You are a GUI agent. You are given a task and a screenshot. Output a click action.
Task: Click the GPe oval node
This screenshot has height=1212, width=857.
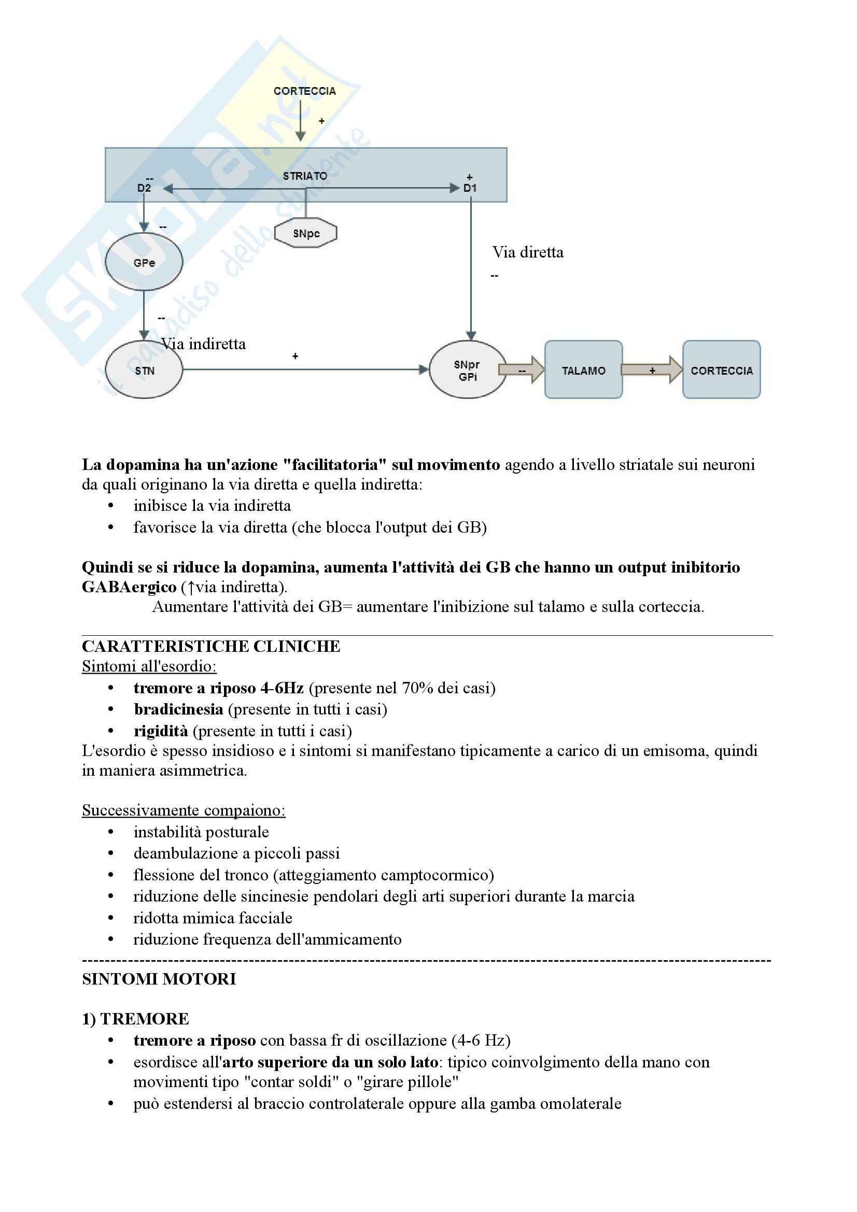[144, 262]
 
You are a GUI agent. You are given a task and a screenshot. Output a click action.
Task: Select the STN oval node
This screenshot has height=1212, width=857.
[144, 370]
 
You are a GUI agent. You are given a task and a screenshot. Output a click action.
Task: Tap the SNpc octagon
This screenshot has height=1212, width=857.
[306, 233]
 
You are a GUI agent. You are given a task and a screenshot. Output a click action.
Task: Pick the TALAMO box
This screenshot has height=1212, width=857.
[583, 370]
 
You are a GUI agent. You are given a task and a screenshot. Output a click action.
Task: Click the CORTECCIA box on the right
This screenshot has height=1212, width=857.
[721, 370]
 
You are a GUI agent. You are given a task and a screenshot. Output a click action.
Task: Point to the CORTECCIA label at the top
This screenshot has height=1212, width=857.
[305, 91]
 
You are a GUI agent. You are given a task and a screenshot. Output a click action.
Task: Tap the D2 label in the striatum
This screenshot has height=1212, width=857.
[144, 188]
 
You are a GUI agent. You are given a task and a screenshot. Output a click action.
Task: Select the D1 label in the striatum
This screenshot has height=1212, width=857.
[470, 188]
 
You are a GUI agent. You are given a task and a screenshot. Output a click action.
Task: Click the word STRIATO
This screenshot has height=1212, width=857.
[305, 176]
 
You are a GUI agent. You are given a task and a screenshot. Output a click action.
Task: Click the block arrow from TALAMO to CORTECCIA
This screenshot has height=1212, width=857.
[652, 370]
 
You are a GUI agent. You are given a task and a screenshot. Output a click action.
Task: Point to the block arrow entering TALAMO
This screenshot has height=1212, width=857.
[522, 370]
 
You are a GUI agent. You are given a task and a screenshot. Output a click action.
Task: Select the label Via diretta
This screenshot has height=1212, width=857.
[527, 252]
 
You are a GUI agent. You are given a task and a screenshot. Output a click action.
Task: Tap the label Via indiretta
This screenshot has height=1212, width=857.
[204, 344]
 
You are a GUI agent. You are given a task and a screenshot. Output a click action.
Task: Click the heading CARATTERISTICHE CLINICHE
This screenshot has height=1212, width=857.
[211, 646]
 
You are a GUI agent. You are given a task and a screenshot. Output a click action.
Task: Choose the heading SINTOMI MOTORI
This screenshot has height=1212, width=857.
[159, 979]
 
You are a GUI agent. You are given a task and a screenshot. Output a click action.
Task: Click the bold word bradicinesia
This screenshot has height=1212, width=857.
[178, 709]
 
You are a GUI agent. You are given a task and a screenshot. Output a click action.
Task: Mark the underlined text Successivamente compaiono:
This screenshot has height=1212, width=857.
[184, 810]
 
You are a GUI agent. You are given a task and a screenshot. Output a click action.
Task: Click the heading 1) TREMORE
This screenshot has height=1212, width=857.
[135, 1019]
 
